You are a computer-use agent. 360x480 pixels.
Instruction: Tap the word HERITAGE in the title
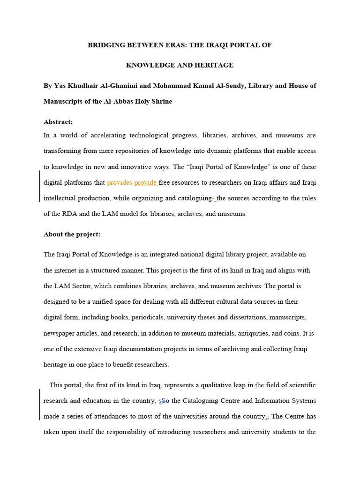[214, 65]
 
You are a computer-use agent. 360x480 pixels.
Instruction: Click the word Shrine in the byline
[162, 101]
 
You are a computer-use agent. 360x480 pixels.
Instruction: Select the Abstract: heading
[58, 122]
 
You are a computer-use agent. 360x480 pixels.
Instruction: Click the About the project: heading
[72, 234]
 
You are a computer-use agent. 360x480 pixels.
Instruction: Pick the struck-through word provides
[120, 183]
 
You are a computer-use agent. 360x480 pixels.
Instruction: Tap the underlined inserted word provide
[145, 183]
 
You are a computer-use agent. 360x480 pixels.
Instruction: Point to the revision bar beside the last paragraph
[40, 405]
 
